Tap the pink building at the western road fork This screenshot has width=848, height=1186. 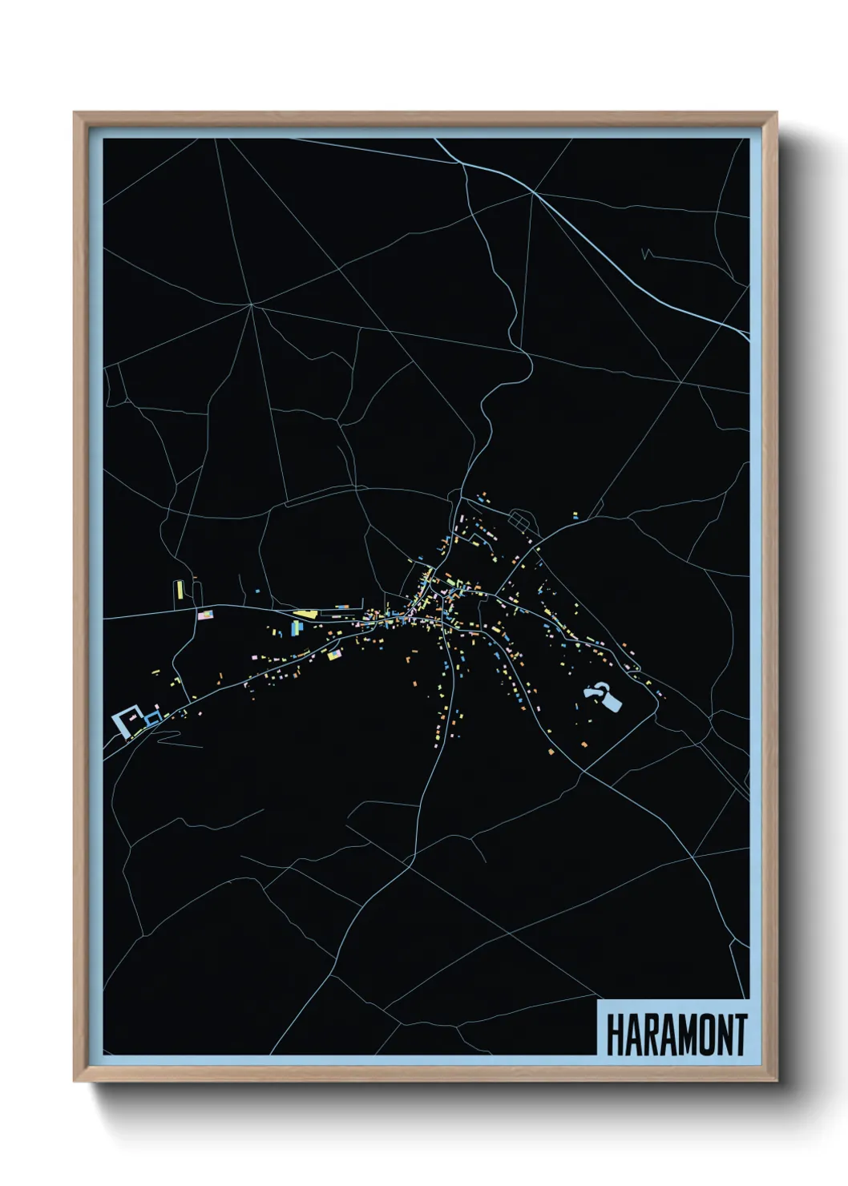point(206,615)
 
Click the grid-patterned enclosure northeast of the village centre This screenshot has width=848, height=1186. point(519,522)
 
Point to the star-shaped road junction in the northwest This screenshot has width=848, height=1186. point(251,305)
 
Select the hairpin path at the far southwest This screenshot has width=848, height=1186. point(164,738)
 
